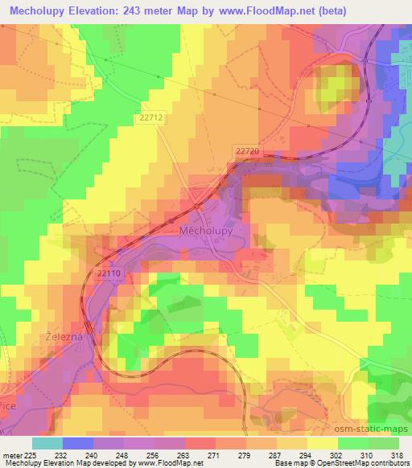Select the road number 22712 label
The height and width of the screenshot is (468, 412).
tap(150, 118)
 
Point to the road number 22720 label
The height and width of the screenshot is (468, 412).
tap(247, 150)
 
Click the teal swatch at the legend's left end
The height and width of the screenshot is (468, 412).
tap(46, 442)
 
